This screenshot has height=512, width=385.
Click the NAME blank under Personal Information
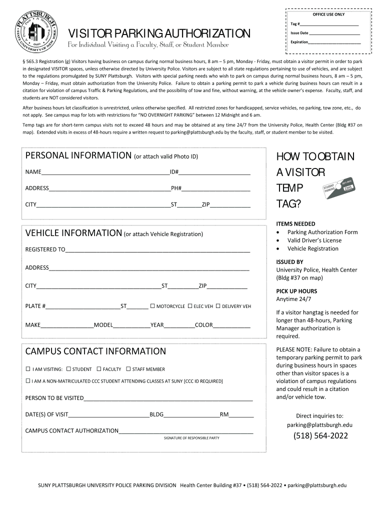(x=105, y=172)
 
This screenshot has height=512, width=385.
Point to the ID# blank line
(x=214, y=172)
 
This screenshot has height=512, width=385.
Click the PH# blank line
(x=215, y=188)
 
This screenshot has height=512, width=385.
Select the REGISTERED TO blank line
(x=157, y=249)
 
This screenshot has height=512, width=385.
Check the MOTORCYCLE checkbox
(x=153, y=305)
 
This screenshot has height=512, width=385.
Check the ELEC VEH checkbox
(x=190, y=305)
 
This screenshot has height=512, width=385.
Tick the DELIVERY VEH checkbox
(x=218, y=305)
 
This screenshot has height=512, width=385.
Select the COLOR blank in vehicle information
(x=231, y=325)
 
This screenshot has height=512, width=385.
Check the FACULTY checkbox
(x=99, y=369)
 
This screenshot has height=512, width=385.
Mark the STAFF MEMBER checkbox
(x=128, y=369)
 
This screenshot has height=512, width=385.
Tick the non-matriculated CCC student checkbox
(x=28, y=381)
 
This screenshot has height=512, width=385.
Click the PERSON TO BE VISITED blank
(x=168, y=398)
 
